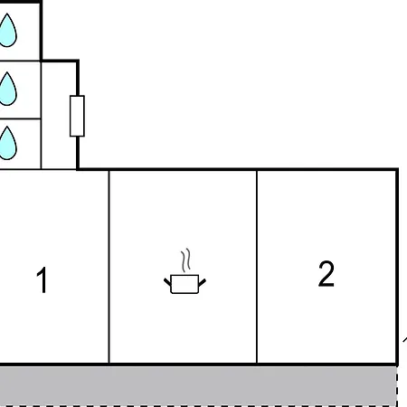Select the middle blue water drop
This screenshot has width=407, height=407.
point(7,88)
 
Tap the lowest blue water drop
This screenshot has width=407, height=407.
point(7,143)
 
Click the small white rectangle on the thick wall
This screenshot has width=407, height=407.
point(77,115)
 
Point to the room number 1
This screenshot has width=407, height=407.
point(42,280)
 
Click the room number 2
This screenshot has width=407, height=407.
point(327,273)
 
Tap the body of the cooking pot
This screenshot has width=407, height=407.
point(185,285)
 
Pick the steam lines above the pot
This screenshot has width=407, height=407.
point(186,262)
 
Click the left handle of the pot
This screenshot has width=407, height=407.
point(168,282)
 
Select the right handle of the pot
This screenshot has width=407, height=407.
point(203,282)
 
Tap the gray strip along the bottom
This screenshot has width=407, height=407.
point(199,385)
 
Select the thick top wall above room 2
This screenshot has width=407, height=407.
point(326,169)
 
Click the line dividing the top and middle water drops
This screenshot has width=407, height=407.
point(20,61)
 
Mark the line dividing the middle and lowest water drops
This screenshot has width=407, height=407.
point(20,118)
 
